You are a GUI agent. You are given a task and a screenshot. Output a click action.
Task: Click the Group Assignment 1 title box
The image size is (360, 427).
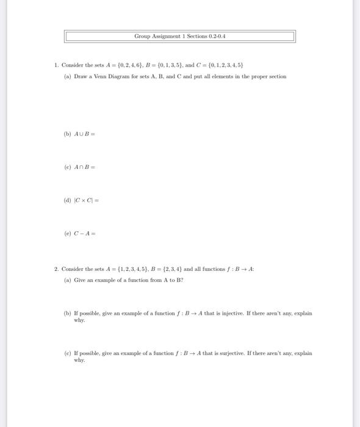click(x=179, y=36)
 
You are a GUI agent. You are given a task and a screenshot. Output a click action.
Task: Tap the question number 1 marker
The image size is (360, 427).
click(x=56, y=64)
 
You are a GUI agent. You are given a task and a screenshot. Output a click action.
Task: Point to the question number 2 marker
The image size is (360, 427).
click(x=56, y=269)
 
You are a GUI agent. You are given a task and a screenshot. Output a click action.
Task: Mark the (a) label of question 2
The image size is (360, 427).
click(x=67, y=280)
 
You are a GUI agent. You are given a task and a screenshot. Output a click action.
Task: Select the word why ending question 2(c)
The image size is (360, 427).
click(x=79, y=360)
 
